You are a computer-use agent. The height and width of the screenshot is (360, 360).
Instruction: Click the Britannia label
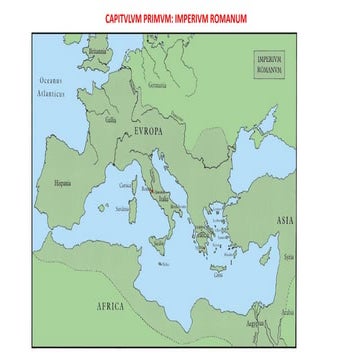tap(97, 52)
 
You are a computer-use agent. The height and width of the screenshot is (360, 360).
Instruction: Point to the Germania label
tap(157, 85)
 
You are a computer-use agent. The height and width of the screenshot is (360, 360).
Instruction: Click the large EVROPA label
tap(147, 130)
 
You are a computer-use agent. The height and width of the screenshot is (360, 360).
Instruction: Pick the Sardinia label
tap(122, 209)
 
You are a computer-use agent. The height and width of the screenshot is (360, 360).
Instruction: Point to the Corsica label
tap(126, 186)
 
